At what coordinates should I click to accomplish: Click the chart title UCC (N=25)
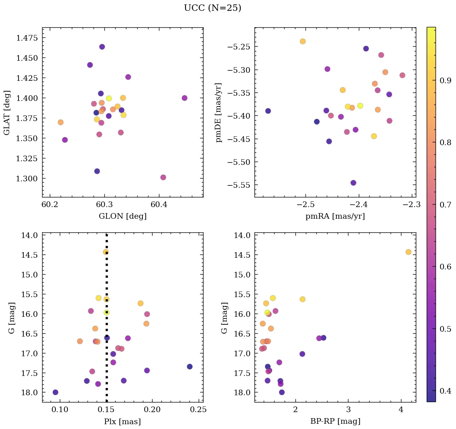pos(212,8)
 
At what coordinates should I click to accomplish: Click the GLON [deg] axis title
pos(122,216)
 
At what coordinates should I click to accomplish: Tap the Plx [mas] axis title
pos(122,421)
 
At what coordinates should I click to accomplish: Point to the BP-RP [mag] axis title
pos(335,421)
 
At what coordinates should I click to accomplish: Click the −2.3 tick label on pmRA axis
pos(412,205)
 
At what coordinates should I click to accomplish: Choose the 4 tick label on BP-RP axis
pos(401,411)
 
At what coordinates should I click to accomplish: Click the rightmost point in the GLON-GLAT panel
pos(185,98)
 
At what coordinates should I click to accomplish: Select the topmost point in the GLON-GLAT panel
pos(102,47)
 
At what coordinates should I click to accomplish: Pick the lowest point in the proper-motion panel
pos(353,183)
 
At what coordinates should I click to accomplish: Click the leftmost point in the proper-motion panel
pos(268,111)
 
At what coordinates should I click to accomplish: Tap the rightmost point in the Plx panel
pos(189,367)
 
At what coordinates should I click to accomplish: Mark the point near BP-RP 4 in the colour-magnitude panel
pos(408,252)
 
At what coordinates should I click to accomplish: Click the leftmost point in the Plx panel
pos(55,392)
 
